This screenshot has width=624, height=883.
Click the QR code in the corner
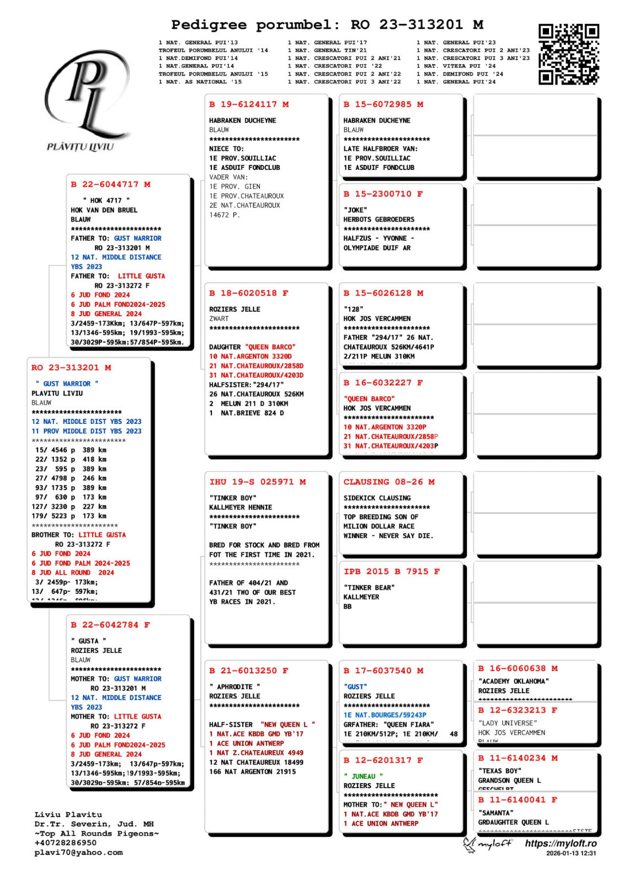[x=568, y=54]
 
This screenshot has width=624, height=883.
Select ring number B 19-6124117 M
[x=249, y=104]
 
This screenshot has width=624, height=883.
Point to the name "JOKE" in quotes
[x=354, y=210]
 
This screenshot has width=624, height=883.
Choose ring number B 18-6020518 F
[x=248, y=294]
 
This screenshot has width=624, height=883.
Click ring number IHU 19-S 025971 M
[x=257, y=482]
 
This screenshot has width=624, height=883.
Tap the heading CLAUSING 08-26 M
[x=388, y=482]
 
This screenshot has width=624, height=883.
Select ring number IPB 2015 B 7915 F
[x=391, y=572]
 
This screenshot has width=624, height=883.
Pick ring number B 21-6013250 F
[x=248, y=671]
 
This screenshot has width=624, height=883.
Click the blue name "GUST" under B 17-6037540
[x=355, y=687]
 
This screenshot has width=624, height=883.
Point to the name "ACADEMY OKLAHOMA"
[x=513, y=682]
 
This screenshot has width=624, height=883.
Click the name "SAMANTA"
[x=495, y=813]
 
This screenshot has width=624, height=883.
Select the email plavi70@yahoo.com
[x=78, y=853]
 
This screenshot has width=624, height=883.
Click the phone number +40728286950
[x=65, y=843]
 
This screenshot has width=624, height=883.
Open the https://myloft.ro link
[x=560, y=844]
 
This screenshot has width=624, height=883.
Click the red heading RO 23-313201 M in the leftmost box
[x=71, y=368]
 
